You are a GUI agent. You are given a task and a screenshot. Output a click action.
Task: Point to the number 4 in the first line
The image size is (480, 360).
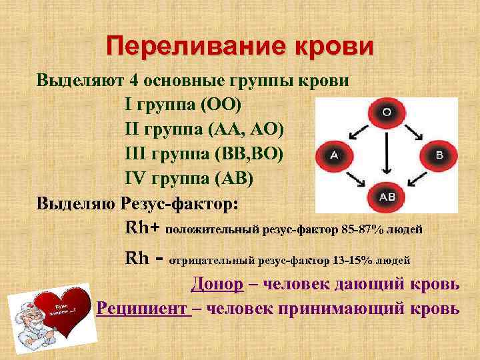[135, 81]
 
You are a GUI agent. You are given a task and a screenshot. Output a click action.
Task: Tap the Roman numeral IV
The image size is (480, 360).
[137, 178]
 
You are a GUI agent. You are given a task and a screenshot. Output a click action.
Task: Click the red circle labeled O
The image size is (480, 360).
[386, 112]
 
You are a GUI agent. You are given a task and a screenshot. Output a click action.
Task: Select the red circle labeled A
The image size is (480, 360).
[333, 155]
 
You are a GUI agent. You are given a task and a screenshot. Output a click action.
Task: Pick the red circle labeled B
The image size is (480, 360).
[439, 155]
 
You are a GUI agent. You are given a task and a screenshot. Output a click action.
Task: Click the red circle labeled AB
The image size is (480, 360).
[387, 197]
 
